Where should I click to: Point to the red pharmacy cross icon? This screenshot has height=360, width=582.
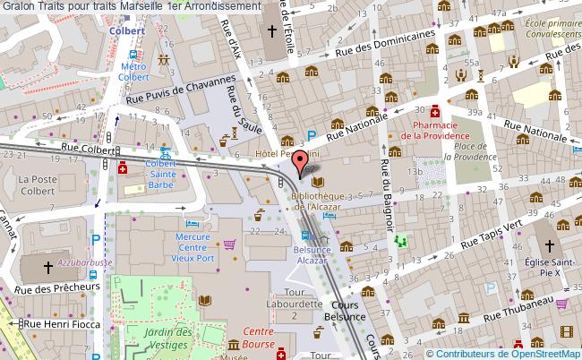coord(434,112)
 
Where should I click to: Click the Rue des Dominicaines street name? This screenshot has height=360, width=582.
coord(386,43)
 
